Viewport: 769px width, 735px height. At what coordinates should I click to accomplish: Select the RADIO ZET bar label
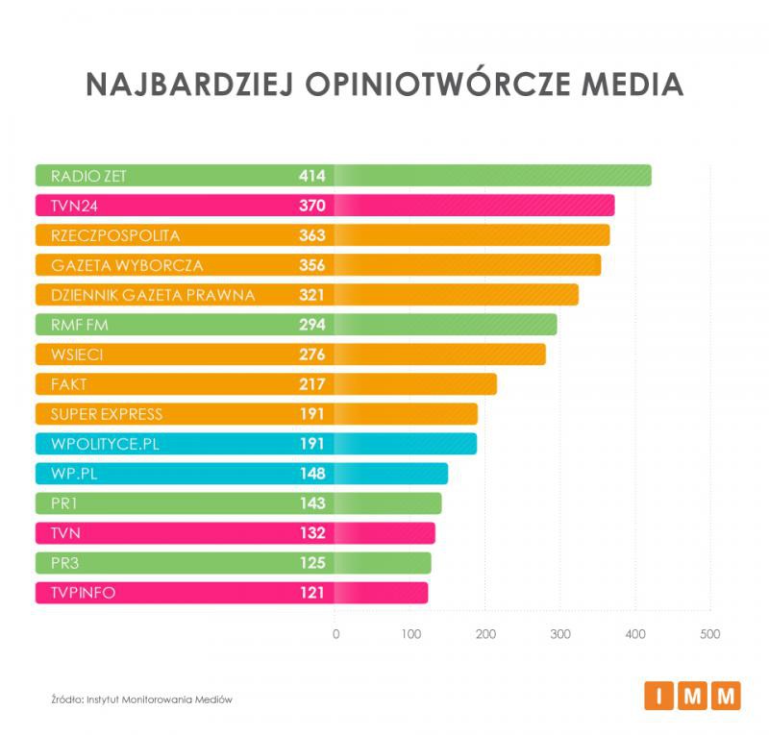pyautogui.click(x=88, y=176)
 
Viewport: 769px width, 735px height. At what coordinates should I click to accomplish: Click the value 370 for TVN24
pyautogui.click(x=312, y=206)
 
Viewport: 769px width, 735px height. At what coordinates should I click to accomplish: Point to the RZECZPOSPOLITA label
pyautogui.click(x=115, y=235)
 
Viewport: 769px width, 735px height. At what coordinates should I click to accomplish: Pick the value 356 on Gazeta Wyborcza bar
pyautogui.click(x=312, y=265)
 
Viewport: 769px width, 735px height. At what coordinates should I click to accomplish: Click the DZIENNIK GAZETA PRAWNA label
pyautogui.click(x=153, y=295)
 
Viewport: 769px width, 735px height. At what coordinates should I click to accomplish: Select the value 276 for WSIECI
pyautogui.click(x=312, y=355)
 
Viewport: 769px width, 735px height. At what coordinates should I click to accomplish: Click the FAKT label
pyautogui.click(x=68, y=384)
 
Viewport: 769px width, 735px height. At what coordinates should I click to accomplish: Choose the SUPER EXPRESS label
pyautogui.click(x=107, y=414)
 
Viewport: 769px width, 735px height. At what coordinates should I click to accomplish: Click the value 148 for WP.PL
pyautogui.click(x=312, y=474)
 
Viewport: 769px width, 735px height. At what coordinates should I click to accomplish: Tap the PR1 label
pyautogui.click(x=63, y=503)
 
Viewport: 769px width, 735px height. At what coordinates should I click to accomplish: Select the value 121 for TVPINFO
pyautogui.click(x=312, y=593)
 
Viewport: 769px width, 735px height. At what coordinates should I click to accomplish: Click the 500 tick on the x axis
pyautogui.click(x=709, y=635)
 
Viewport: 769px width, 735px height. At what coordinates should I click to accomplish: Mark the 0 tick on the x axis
pyautogui.click(x=335, y=635)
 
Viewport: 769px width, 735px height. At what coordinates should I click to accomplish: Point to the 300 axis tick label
pyautogui.click(x=559, y=635)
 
